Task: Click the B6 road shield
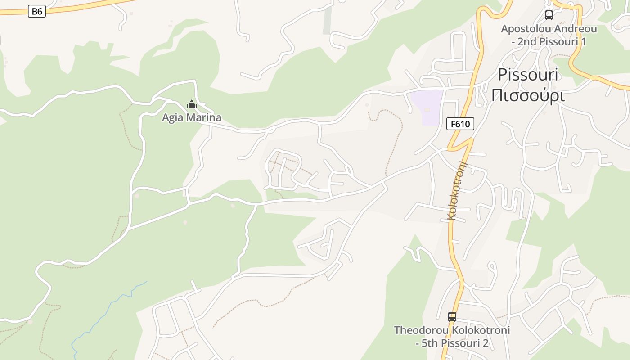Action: pyautogui.click(x=37, y=11)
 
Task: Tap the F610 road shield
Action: pyautogui.click(x=460, y=124)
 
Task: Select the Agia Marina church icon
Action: pyautogui.click(x=192, y=105)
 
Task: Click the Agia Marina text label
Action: pyautogui.click(x=192, y=118)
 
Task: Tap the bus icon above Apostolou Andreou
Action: pyautogui.click(x=549, y=15)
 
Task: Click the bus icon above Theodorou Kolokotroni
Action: pyautogui.click(x=452, y=317)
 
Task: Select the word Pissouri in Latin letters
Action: pyautogui.click(x=528, y=75)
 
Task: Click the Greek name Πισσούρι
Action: pyautogui.click(x=528, y=95)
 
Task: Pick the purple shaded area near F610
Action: pyautogui.click(x=427, y=107)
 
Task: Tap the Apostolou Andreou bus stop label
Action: pyautogui.click(x=549, y=35)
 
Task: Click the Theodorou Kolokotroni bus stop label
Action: pyautogui.click(x=452, y=336)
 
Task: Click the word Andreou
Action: pyautogui.click(x=576, y=29)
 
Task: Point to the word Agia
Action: pyautogui.click(x=171, y=118)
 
